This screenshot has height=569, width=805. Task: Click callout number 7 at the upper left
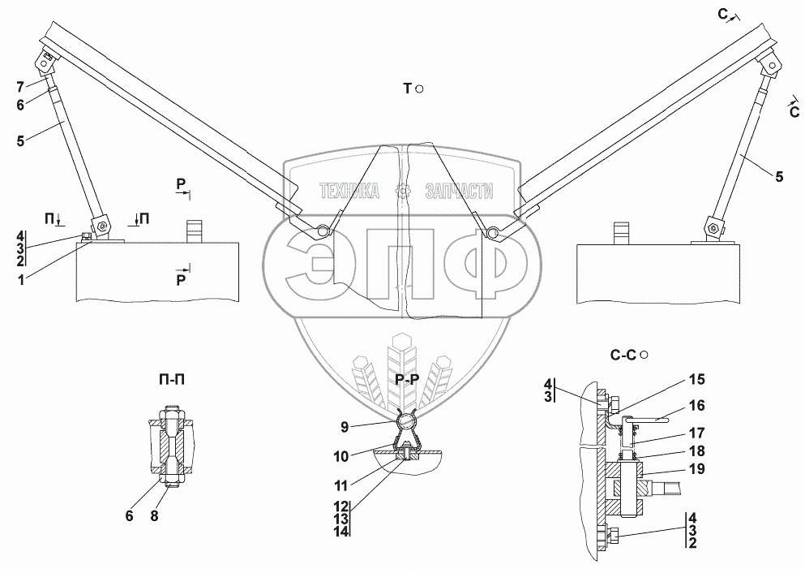click(20, 87)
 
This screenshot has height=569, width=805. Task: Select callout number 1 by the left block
click(20, 279)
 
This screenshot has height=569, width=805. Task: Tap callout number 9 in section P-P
click(344, 427)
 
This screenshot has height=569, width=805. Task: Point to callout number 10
click(341, 456)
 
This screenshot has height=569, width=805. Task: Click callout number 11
click(341, 485)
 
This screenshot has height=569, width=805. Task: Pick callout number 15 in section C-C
click(696, 379)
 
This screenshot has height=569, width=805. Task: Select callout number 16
click(696, 406)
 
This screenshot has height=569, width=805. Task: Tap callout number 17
click(696, 433)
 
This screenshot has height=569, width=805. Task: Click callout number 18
click(696, 450)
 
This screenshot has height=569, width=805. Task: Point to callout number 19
click(696, 469)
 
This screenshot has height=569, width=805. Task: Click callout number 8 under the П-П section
click(154, 515)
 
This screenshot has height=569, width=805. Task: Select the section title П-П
click(172, 380)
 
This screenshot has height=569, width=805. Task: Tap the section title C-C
click(623, 355)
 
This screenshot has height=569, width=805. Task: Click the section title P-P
click(407, 380)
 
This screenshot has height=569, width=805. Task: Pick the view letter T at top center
click(408, 89)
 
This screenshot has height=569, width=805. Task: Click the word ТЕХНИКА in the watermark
click(349, 192)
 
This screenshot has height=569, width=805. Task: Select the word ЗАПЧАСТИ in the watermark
click(459, 192)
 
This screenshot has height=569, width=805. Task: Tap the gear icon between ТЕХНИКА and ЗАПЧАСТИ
click(402, 192)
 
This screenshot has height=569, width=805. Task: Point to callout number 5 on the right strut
click(779, 177)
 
